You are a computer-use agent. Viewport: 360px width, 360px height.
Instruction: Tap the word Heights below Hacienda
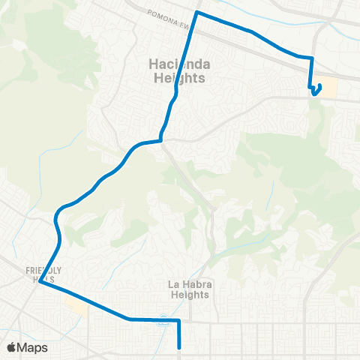click(x=172, y=78)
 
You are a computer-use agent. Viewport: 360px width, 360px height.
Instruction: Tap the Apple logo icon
click(x=10, y=347)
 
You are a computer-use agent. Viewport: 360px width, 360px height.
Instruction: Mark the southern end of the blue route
click(x=180, y=347)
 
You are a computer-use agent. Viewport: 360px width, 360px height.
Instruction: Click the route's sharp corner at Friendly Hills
click(x=40, y=283)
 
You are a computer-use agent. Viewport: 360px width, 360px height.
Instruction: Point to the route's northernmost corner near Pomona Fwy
click(x=196, y=13)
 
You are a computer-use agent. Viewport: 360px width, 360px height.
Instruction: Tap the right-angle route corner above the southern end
click(x=180, y=321)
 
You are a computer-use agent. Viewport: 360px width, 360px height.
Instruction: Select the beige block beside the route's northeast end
click(x=328, y=88)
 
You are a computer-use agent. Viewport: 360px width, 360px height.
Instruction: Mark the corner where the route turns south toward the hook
click(x=311, y=58)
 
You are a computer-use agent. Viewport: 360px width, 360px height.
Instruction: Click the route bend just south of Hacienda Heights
click(x=160, y=139)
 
